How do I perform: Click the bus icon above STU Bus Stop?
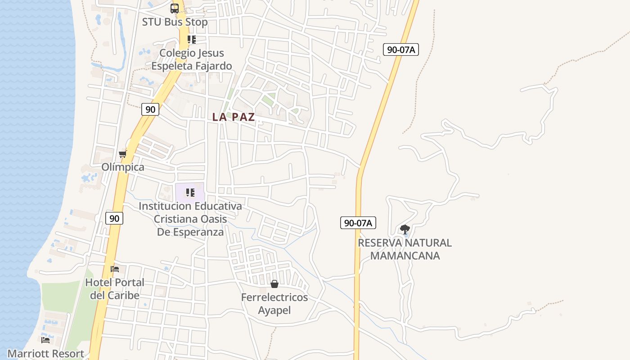[x=175, y=8]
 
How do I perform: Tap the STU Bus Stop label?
[x=175, y=22]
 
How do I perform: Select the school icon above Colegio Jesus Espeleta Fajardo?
[x=192, y=40]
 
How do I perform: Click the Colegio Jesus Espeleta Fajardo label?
[x=192, y=59]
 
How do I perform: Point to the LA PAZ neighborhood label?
[x=234, y=117]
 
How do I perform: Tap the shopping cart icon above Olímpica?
[x=122, y=154]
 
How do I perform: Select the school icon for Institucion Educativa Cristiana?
[x=190, y=193]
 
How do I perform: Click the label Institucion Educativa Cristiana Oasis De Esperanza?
[x=190, y=219]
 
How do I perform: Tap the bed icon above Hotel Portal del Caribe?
[x=115, y=269]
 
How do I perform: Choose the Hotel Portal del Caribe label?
[x=115, y=289]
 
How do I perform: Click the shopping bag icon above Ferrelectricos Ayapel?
[x=274, y=284]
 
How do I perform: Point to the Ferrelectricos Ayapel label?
[x=274, y=304]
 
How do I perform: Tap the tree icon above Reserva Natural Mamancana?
[x=405, y=229]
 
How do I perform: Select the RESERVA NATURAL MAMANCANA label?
[x=405, y=249]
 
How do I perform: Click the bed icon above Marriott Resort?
[x=45, y=340]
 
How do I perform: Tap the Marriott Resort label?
[x=45, y=354]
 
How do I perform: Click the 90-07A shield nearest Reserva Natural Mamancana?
[x=358, y=222]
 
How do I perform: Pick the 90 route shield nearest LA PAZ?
[x=150, y=109]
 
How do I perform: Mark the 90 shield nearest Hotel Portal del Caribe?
[x=114, y=218]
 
